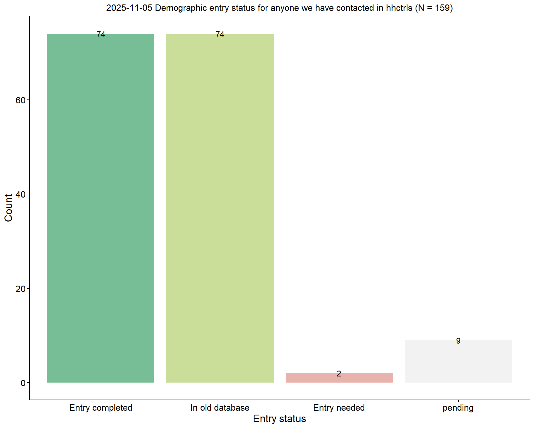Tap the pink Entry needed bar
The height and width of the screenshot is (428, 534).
339,378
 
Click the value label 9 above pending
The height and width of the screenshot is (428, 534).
458,341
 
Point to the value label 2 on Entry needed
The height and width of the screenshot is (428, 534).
339,374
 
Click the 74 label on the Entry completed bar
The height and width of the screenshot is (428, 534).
101,34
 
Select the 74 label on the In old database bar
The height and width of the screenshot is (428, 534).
220,34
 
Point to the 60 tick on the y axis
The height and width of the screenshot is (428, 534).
21,100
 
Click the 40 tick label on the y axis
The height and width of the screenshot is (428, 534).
21,194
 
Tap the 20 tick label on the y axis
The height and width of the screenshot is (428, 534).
21,289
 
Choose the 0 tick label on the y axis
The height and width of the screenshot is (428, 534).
23,383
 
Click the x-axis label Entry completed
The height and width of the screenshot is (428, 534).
101,408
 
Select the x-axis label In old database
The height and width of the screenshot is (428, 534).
220,408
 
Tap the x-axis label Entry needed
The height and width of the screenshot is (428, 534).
339,408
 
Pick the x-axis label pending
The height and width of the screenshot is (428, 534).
458,408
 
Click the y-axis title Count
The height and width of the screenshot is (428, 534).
9,208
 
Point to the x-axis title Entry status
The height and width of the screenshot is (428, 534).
279,419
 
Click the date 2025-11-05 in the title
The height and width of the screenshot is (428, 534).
129,8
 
